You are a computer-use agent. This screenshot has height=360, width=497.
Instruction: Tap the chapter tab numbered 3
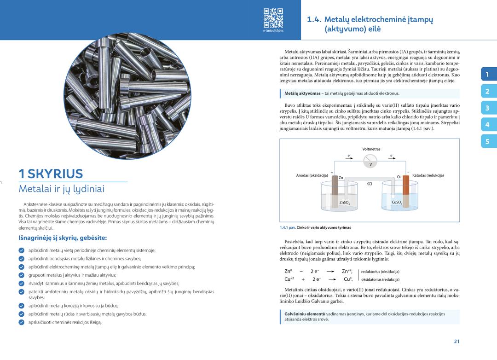click(x=487, y=108)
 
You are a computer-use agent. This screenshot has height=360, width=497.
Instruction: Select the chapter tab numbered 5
click(x=487, y=142)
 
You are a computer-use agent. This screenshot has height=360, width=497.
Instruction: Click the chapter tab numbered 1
click(x=487, y=74)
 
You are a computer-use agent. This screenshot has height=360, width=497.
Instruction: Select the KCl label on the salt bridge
click(x=369, y=184)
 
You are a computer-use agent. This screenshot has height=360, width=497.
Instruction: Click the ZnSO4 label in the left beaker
click(x=344, y=202)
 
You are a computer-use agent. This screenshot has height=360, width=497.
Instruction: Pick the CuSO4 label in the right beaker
click(x=397, y=202)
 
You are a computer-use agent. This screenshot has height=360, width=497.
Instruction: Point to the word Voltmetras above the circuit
click(x=371, y=149)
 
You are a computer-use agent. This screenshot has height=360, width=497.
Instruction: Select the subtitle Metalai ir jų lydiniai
click(x=62, y=189)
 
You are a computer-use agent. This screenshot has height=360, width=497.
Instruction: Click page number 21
click(x=457, y=341)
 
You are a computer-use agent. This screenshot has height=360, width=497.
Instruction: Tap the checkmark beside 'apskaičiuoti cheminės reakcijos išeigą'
click(x=22, y=322)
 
